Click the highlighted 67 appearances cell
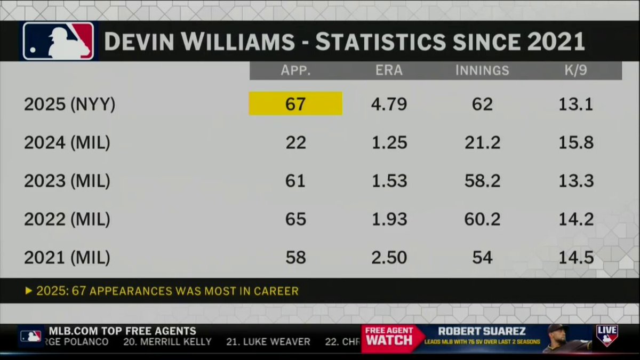(295, 103)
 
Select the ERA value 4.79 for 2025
(389, 103)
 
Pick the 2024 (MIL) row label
(67, 142)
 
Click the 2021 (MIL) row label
(67, 258)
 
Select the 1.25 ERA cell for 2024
(389, 142)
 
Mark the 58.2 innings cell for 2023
(482, 181)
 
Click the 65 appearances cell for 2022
(295, 219)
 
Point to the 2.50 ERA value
(389, 258)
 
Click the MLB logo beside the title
(58, 41)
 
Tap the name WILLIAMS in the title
(229, 42)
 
